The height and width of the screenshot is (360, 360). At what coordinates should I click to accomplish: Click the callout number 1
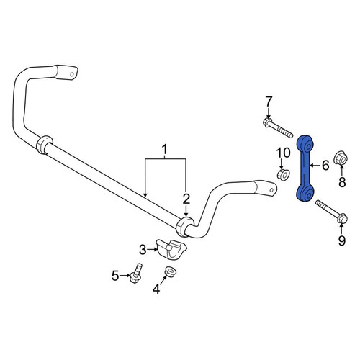coord(165,150)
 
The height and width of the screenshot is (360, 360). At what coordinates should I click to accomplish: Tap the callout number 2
coord(186,199)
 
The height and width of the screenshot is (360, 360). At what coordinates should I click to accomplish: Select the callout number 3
coord(143,250)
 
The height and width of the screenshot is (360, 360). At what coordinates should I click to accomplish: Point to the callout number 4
coord(156,289)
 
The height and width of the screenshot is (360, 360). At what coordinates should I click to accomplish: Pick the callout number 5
coord(115,276)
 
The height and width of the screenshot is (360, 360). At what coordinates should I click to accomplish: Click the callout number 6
coord(325,166)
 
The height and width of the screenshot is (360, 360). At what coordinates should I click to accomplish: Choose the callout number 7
coord(269,102)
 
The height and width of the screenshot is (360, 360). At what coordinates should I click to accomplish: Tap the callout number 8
coord(342,181)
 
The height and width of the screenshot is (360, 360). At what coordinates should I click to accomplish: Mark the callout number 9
coord(341,240)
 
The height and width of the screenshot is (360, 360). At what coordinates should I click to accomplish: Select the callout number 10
coord(283,153)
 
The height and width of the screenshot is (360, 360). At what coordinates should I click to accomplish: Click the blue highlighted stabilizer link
coord(305,168)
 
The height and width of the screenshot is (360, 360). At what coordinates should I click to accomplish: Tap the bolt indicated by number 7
coord(278,128)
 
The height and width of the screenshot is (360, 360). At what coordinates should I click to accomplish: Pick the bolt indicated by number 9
coord(331,212)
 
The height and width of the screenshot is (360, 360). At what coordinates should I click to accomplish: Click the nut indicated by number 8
coord(341,158)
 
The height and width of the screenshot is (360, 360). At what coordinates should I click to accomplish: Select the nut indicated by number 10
coord(284,174)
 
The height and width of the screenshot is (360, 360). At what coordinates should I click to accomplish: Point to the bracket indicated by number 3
coord(171,249)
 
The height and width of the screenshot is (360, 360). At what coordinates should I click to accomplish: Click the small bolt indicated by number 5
coord(135,273)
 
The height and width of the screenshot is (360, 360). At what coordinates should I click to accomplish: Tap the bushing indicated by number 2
coord(185,227)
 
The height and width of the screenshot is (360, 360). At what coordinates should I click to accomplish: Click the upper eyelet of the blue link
coord(305,143)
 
